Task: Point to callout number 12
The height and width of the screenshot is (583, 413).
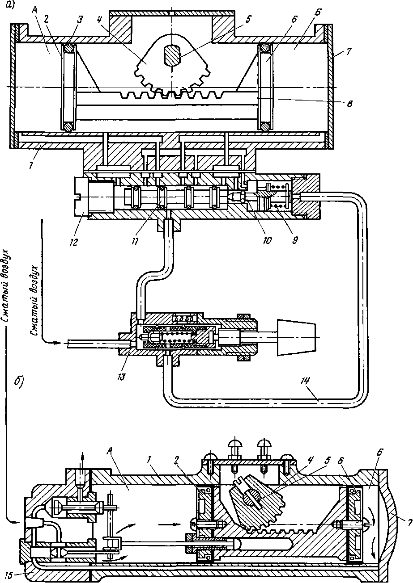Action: pyautogui.click(x=74, y=243)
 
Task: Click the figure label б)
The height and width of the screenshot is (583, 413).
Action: pyautogui.click(x=18, y=382)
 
